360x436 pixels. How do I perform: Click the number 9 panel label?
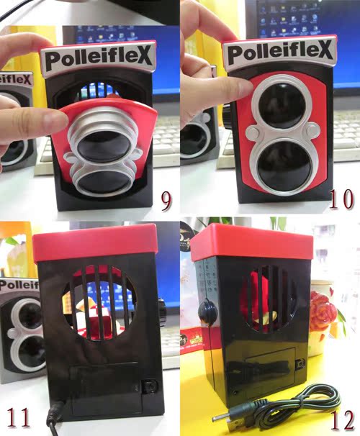[x=166, y=200]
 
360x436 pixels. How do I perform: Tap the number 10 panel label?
[x=341, y=199]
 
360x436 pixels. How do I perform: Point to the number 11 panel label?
[x=19, y=417]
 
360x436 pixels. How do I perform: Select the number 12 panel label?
[x=343, y=420]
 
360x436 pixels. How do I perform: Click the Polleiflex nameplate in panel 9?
[x=99, y=58]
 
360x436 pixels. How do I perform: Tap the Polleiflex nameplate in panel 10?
[x=280, y=53]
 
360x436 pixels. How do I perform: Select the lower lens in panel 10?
[x=284, y=166]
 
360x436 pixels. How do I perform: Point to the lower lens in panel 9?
[x=104, y=182]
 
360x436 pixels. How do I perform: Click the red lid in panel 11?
[x=95, y=242]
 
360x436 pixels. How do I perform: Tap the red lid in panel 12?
[x=252, y=241]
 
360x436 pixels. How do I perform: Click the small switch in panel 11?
[x=150, y=386]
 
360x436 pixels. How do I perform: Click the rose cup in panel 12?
[x=323, y=317]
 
